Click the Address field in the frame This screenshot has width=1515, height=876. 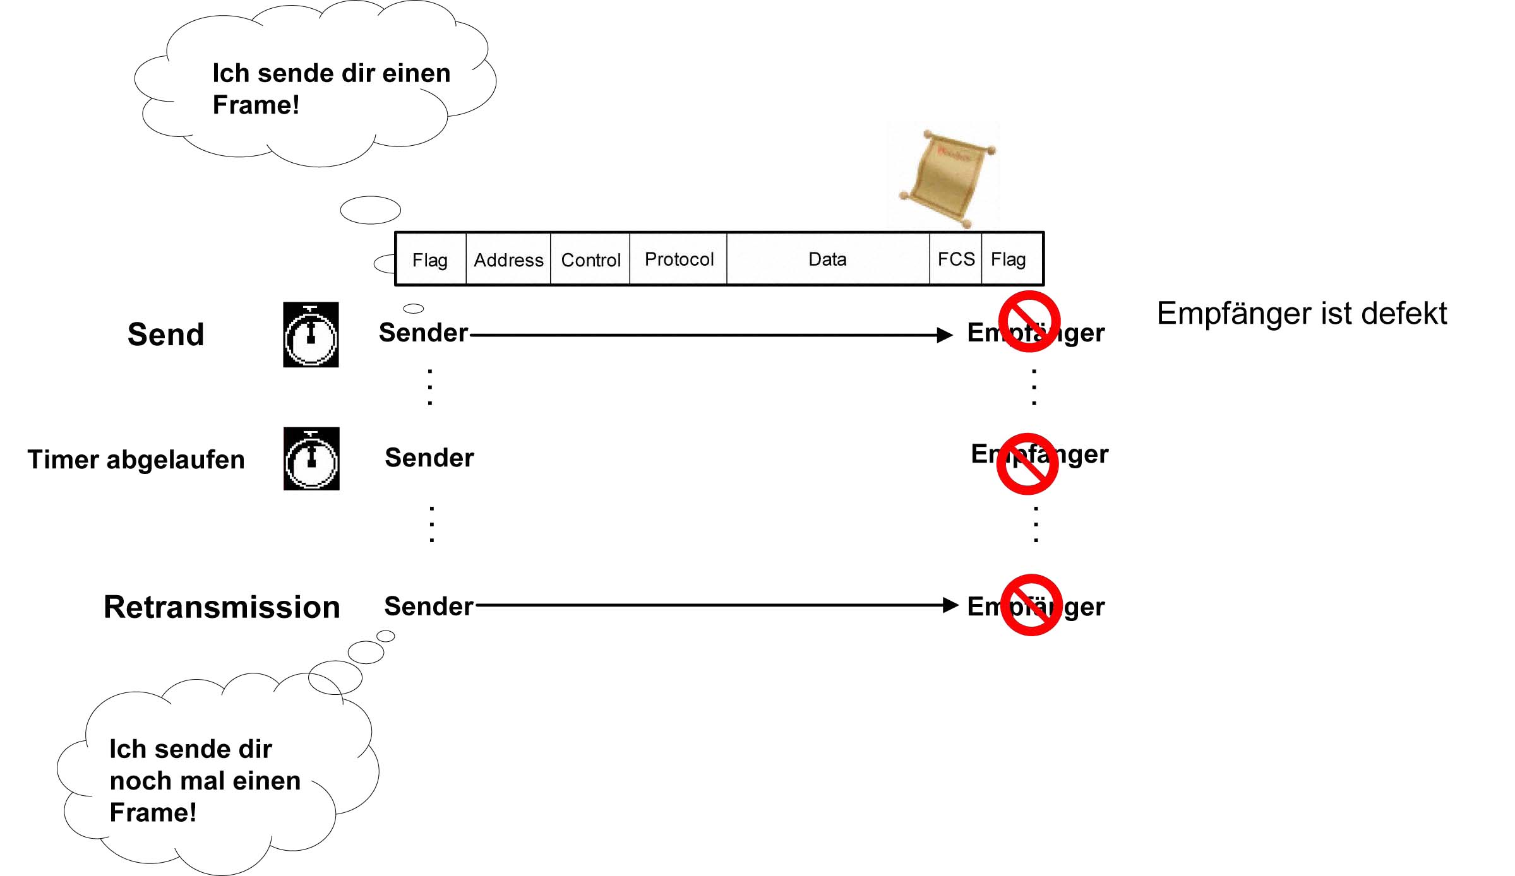click(508, 259)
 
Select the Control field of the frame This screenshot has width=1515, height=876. click(590, 259)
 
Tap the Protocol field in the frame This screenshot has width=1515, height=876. click(679, 259)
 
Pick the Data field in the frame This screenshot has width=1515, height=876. click(827, 259)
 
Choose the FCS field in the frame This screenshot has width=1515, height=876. click(956, 259)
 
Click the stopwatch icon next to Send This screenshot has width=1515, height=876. click(311, 334)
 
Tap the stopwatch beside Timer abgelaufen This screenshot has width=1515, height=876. click(311, 459)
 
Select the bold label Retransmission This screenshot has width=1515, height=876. click(222, 607)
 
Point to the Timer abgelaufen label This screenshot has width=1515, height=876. click(136, 459)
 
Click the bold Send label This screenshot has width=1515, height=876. click(165, 334)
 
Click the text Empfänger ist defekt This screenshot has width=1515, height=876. click(1302, 313)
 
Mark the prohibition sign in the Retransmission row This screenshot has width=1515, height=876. click(1031, 605)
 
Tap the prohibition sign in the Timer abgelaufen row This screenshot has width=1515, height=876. click(1027, 464)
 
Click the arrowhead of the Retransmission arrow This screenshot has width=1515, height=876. click(950, 605)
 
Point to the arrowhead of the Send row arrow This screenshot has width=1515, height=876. click(945, 335)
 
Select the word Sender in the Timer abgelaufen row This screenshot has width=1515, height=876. click(429, 458)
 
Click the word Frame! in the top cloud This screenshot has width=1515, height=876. click(256, 105)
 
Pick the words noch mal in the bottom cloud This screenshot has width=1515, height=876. click(166, 781)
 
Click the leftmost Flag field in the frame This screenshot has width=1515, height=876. click(430, 259)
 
